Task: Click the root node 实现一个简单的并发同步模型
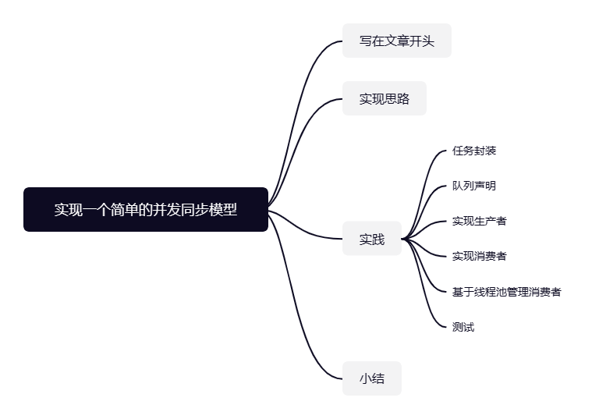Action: click(x=146, y=209)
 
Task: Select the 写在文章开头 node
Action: click(x=396, y=41)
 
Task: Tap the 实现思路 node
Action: click(x=384, y=99)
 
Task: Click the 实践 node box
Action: click(x=371, y=239)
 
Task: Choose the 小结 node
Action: click(x=371, y=378)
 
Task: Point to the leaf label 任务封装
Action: click(x=473, y=151)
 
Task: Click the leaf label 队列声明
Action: click(x=473, y=186)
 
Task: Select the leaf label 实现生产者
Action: click(x=479, y=221)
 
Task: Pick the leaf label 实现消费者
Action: click(x=479, y=256)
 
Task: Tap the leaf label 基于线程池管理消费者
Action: click(x=506, y=292)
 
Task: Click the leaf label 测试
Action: click(x=463, y=327)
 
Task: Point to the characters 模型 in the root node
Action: click(x=224, y=209)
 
